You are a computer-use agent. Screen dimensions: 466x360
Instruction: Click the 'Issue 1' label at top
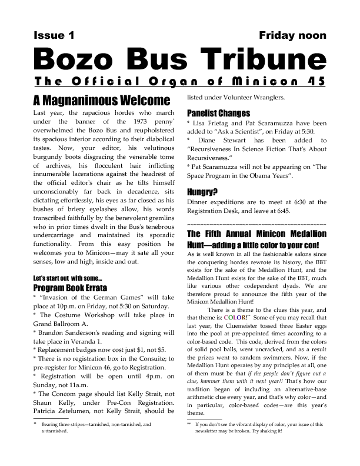tap(54, 35)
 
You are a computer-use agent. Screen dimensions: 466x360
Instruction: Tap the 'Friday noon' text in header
tap(292, 35)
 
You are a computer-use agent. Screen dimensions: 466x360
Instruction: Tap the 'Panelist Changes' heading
tap(218, 112)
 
